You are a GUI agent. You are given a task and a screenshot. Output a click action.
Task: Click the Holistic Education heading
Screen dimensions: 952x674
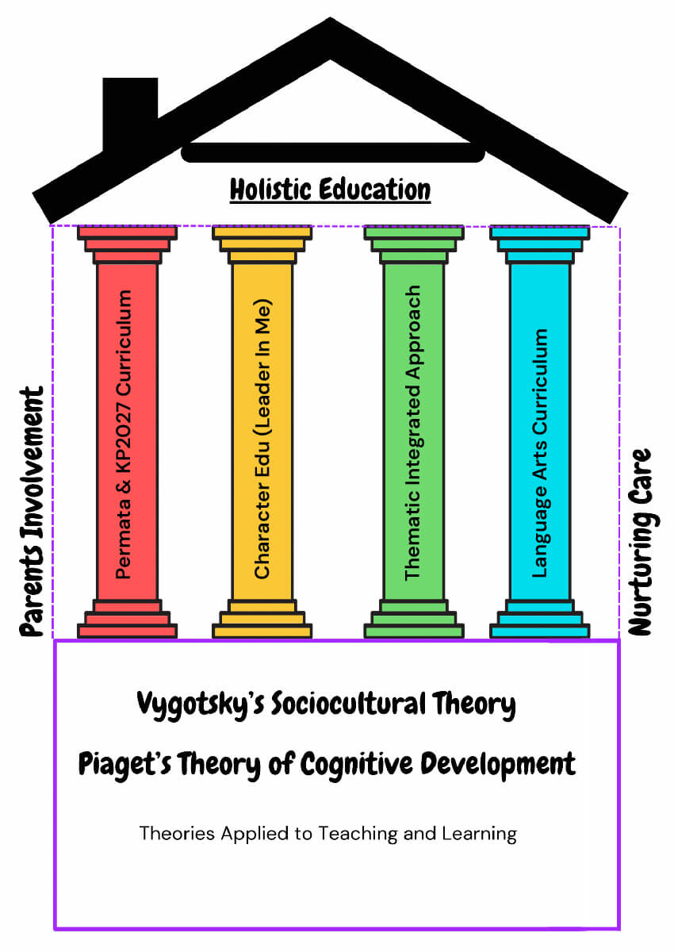pos(330,190)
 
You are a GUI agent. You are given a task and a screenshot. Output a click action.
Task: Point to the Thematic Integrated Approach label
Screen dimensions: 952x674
pos(412,433)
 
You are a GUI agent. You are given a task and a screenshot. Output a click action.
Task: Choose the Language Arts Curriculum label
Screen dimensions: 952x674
pos(540,453)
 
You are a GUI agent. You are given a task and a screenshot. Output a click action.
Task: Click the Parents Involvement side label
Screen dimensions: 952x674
pos(32,512)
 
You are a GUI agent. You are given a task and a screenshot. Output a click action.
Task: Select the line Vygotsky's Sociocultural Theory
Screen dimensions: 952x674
pos(326,704)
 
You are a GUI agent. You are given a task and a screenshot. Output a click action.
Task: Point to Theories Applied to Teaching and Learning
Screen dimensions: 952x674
pos(327,834)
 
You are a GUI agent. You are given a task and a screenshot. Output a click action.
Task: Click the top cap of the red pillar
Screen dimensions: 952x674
pos(127,232)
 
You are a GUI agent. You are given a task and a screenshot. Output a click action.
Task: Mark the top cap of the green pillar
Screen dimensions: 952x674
pos(413,232)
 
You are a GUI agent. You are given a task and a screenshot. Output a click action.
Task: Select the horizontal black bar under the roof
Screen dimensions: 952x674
pos(332,153)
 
